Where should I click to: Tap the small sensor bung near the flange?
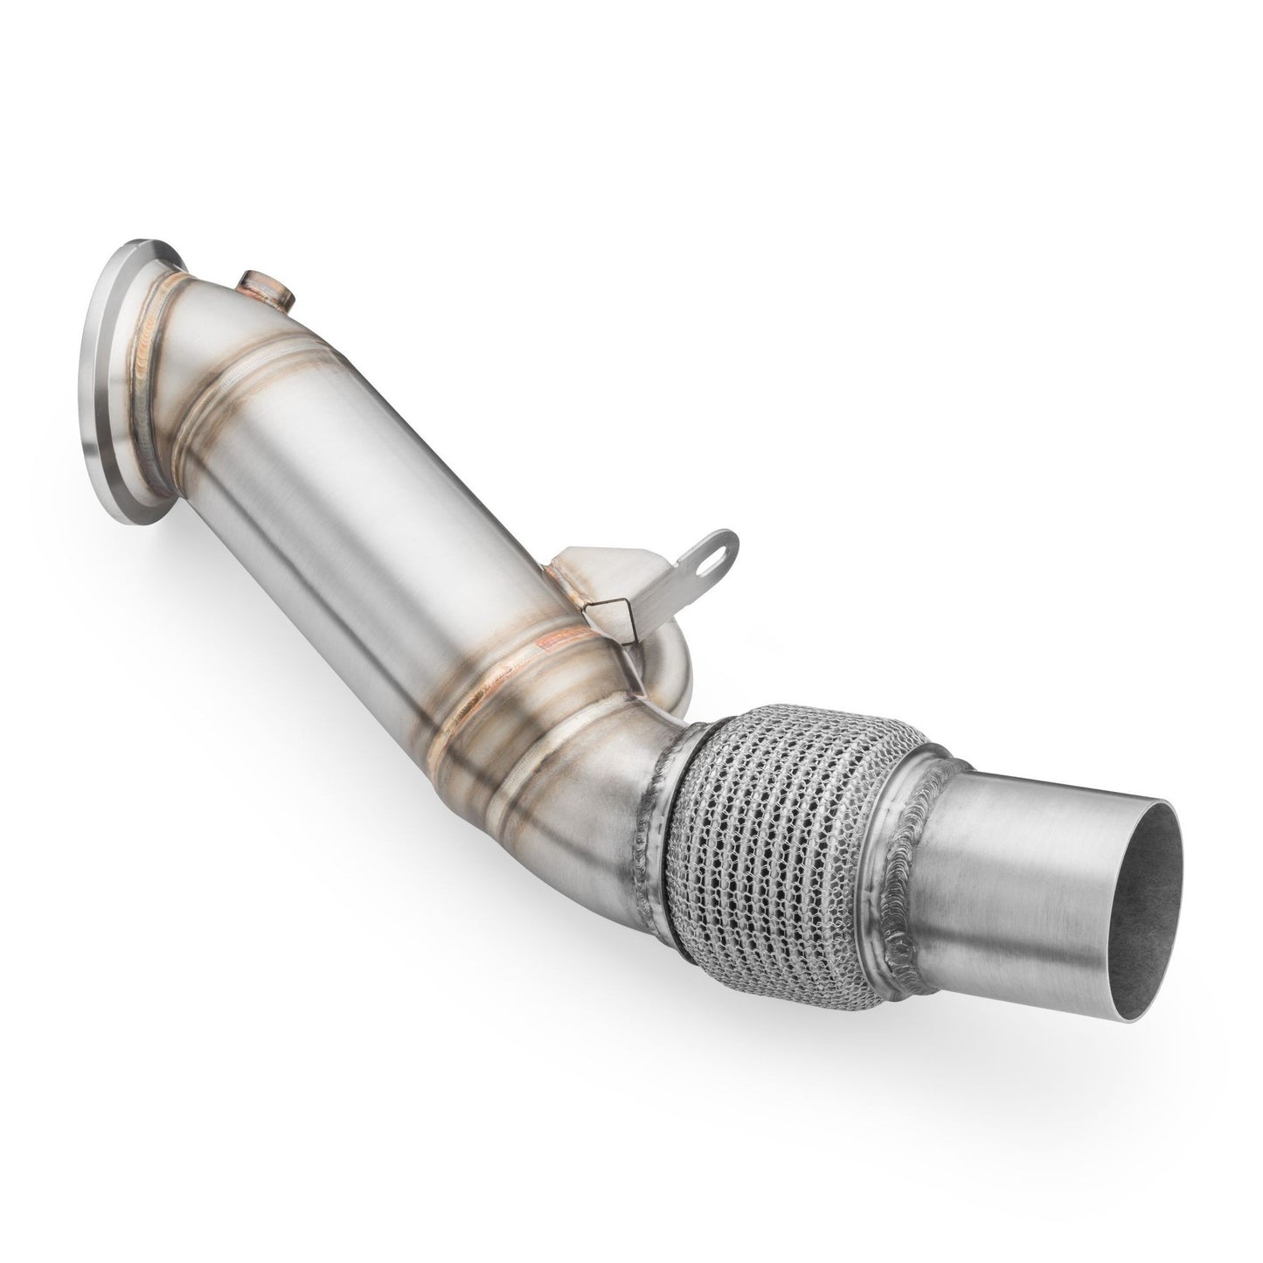[x=260, y=288]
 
